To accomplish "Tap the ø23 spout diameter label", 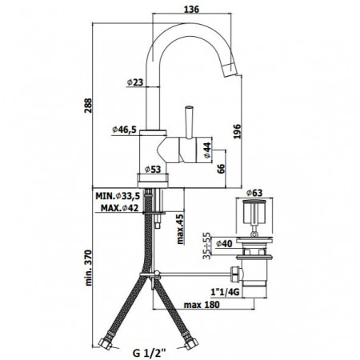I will click(134, 82).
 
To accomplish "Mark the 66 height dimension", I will click(222, 168).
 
